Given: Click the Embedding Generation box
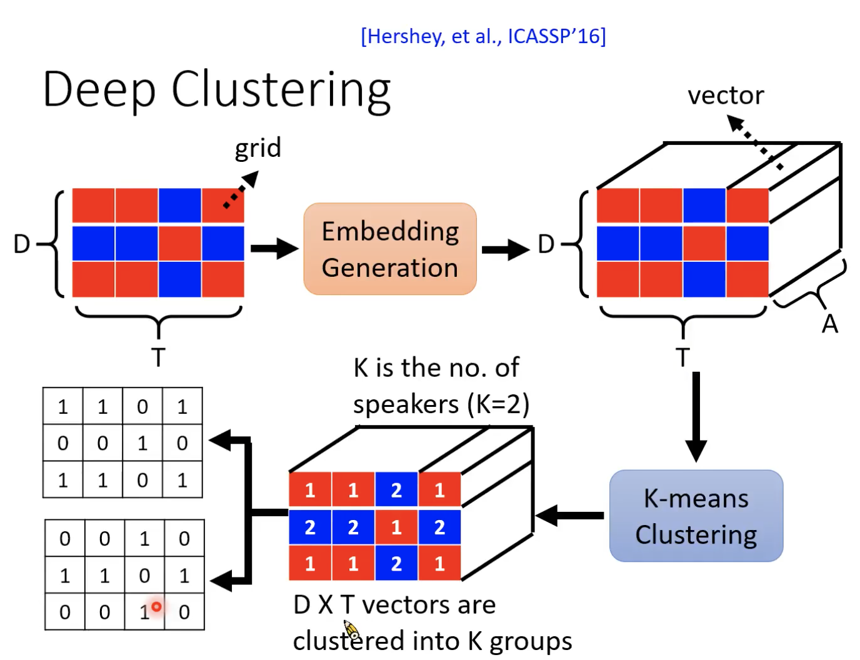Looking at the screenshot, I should [390, 249].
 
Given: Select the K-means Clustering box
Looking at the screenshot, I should [696, 516].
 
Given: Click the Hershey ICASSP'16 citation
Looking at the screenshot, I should [483, 36].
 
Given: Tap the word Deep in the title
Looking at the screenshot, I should [99, 90].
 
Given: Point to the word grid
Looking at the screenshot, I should [257, 148].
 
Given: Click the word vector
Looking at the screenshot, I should [725, 96].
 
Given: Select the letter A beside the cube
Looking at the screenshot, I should [829, 324].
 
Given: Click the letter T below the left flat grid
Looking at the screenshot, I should [158, 357].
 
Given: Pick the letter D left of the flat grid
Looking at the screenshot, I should [22, 244].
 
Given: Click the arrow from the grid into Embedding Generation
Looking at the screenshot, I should [274, 248].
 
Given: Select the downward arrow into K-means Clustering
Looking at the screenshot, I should [696, 416].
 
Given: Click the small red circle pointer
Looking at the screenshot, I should [156, 606].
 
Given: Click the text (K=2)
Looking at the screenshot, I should [498, 404].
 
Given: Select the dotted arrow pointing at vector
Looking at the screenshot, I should [755, 143].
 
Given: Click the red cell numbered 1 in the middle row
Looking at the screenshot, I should [396, 527].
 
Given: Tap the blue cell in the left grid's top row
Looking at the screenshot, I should [180, 206].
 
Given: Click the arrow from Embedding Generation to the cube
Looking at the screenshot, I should [505, 249].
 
